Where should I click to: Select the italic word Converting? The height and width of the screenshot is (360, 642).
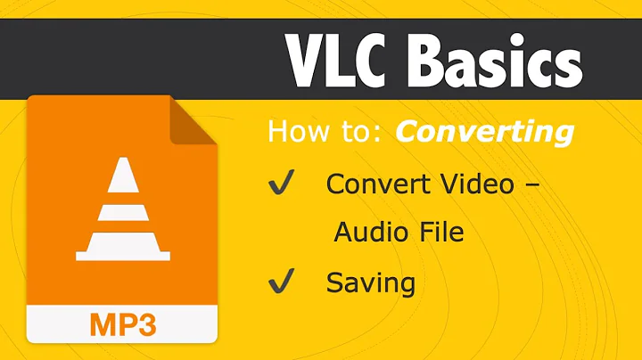point(484,132)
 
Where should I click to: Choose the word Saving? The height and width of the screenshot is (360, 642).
point(370,284)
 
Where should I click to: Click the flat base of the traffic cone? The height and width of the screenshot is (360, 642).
point(122,256)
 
